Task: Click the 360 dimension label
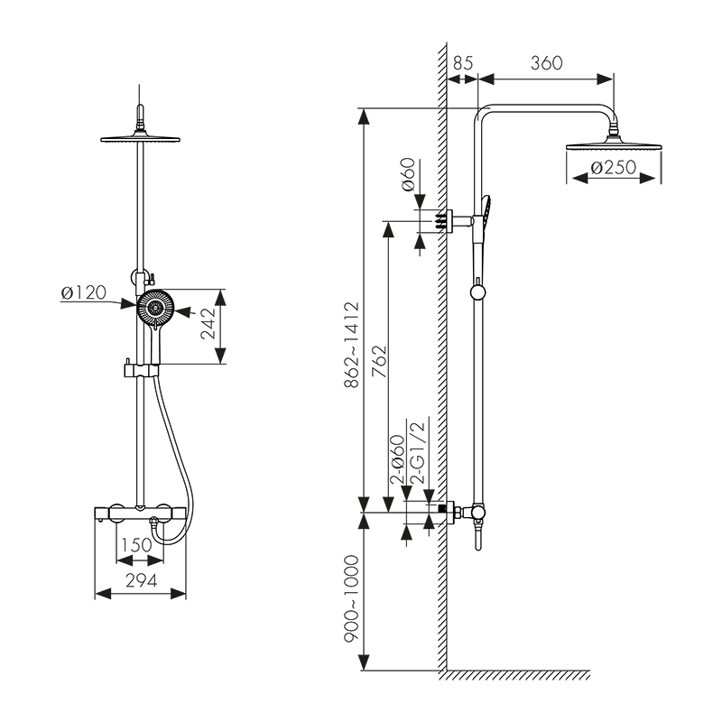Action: point(547,63)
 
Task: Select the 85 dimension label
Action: point(463,63)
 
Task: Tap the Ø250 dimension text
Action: point(613,168)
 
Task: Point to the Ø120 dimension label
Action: point(83,292)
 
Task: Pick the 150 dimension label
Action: point(135,544)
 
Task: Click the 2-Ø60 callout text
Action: point(398,460)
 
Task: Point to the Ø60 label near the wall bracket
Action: point(408,173)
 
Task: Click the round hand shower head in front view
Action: point(155,310)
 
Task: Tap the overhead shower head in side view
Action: point(614,144)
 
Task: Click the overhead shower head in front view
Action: point(141,139)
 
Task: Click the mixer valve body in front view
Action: point(141,513)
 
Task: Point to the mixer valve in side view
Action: point(477,513)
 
